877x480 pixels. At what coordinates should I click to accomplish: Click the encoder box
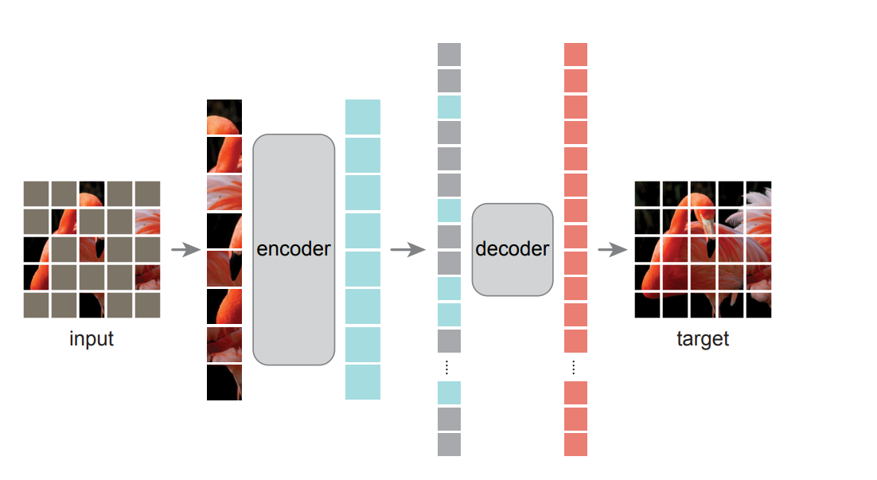click(293, 249)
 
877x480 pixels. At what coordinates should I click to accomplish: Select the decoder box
click(512, 249)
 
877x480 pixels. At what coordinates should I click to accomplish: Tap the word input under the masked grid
click(92, 339)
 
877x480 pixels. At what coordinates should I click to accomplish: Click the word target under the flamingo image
click(703, 339)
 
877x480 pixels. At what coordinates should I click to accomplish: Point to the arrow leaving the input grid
click(185, 249)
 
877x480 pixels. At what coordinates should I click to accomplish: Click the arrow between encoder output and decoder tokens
click(407, 249)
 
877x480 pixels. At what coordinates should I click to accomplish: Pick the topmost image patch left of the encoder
click(224, 117)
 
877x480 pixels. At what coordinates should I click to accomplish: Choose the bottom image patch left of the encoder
click(224, 382)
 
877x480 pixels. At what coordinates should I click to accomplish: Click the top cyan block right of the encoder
click(363, 117)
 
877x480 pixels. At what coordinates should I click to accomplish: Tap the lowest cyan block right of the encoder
click(363, 382)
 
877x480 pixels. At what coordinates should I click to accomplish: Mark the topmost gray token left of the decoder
click(449, 54)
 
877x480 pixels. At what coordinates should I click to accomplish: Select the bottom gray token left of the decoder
click(449, 444)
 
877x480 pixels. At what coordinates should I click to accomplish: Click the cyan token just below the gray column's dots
click(449, 392)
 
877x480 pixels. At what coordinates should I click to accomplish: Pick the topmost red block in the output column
click(575, 54)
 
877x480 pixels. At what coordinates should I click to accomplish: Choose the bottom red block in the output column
click(575, 444)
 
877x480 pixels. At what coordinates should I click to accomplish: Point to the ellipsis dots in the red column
click(575, 367)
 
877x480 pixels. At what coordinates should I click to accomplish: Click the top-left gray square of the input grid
click(37, 193)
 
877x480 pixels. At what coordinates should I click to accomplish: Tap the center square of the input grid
click(92, 249)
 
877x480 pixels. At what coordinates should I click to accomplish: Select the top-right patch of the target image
click(758, 193)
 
